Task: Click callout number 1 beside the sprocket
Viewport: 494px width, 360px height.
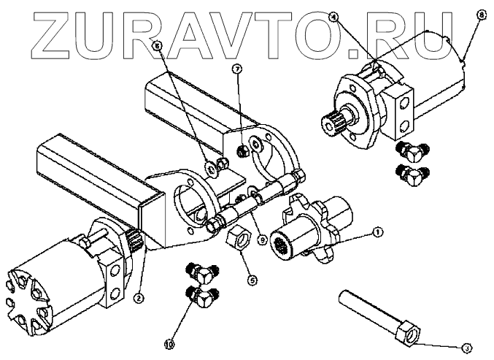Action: [x=378, y=233]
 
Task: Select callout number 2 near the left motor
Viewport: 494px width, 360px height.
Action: [x=136, y=297]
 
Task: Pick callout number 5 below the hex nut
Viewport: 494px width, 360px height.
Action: [x=252, y=278]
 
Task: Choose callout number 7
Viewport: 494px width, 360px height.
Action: [x=236, y=69]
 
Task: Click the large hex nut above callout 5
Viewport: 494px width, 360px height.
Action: [x=240, y=237]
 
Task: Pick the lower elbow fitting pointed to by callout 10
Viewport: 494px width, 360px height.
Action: [x=201, y=296]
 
